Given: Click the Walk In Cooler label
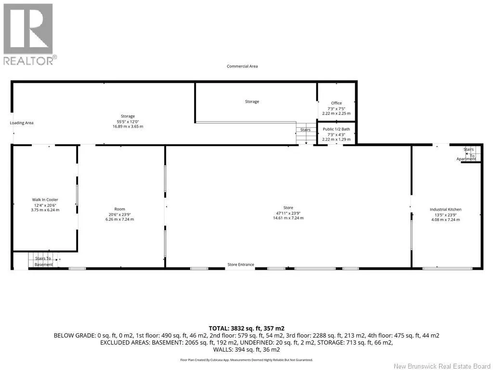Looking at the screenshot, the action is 45,199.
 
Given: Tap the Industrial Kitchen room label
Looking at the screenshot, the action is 445,209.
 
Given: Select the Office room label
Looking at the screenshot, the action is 336,103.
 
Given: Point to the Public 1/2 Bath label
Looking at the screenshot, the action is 336,129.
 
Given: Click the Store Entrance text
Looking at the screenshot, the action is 241,264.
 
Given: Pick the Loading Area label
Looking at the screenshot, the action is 21,123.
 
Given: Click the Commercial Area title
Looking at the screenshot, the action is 242,66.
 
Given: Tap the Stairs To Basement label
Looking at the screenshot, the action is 43,262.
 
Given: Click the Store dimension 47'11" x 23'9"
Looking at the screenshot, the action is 288,213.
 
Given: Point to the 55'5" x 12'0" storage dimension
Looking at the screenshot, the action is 128,121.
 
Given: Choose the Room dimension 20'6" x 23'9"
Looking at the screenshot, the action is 119,214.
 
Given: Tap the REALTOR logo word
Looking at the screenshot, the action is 28,60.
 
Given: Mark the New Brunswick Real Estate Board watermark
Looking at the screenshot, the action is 442,366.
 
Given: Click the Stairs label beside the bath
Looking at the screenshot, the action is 305,130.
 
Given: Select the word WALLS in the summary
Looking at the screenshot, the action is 223,350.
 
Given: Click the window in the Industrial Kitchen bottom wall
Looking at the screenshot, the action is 447,268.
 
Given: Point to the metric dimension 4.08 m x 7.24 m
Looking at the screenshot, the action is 445,220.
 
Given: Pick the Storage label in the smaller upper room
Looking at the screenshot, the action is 252,102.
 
